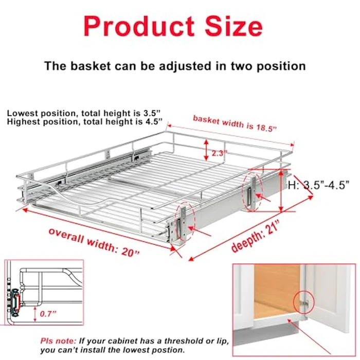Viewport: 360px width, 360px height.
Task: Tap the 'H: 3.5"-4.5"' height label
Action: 319,184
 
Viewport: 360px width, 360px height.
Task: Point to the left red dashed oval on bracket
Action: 184,222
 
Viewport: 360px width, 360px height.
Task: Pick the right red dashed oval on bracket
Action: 251,192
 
